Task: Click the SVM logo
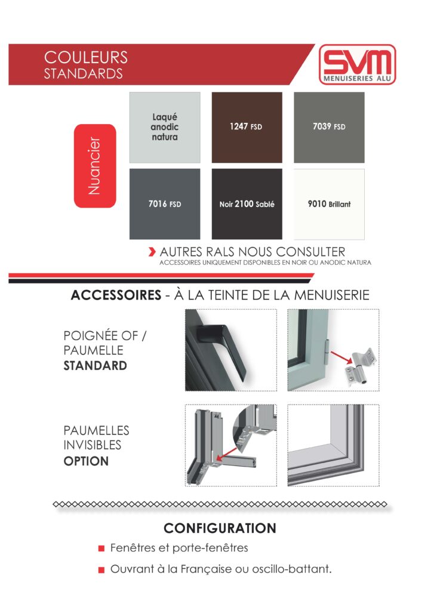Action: pyautogui.click(x=357, y=64)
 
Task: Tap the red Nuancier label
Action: pyautogui.click(x=94, y=166)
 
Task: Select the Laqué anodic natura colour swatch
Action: pyautogui.click(x=165, y=128)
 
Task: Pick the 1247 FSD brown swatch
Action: pyautogui.click(x=247, y=128)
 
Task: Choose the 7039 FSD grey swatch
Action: pyautogui.click(x=328, y=128)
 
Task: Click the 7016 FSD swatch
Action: pyautogui.click(x=165, y=204)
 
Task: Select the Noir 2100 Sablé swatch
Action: pyautogui.click(x=247, y=204)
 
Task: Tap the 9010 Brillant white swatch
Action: pyautogui.click(x=328, y=204)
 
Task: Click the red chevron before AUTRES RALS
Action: pyautogui.click(x=152, y=252)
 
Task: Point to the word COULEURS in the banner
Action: pyautogui.click(x=86, y=58)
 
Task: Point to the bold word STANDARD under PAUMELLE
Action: pyautogui.click(x=95, y=366)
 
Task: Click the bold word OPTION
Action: pyautogui.click(x=86, y=461)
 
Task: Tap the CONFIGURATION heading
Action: pyautogui.click(x=220, y=529)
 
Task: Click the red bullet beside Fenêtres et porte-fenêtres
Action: pyautogui.click(x=101, y=548)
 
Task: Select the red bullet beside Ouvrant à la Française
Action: pyautogui.click(x=101, y=570)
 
